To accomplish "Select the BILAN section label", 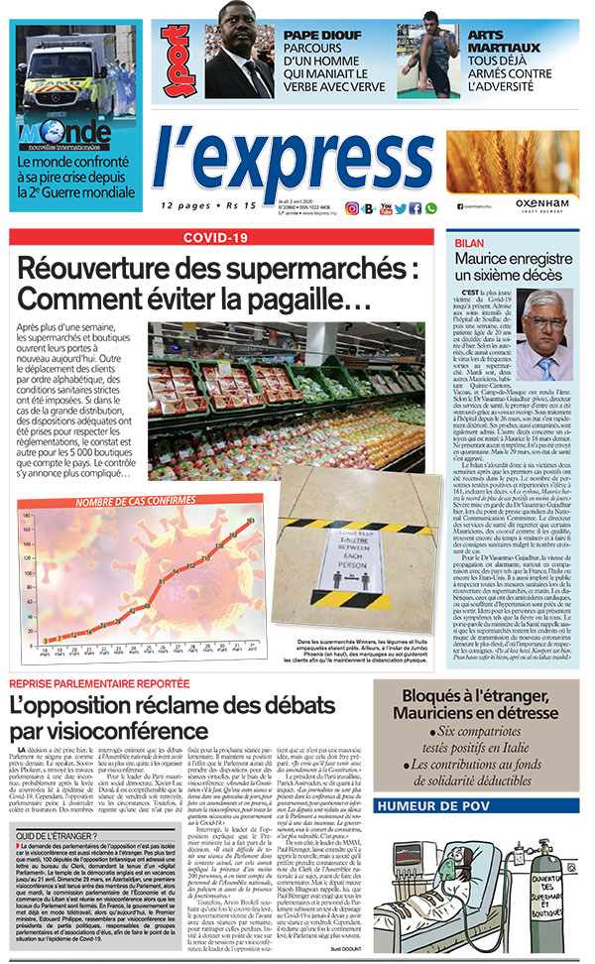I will click(x=470, y=241).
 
